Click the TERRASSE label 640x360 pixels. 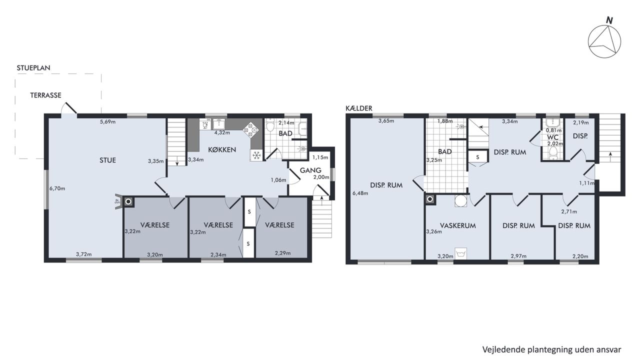[45, 95]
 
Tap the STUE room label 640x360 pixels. [107, 160]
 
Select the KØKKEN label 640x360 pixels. [222, 149]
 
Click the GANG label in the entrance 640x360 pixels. [310, 170]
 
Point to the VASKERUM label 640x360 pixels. [458, 225]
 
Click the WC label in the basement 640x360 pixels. [553, 137]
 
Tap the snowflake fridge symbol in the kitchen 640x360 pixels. [256, 155]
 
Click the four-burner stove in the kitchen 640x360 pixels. [250, 130]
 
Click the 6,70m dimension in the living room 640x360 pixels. [57, 188]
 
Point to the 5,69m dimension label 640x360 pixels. [107, 121]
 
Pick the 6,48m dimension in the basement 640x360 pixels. [360, 193]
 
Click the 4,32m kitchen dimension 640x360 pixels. [222, 132]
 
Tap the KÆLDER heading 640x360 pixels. [359, 108]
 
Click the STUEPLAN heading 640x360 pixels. [33, 68]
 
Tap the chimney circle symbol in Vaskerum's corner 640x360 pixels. [430, 199]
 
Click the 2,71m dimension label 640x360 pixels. [569, 211]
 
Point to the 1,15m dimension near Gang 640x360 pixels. [320, 157]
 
